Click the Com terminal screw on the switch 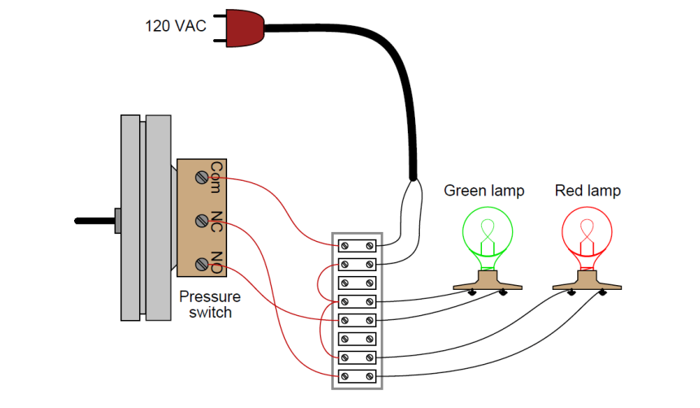(x=201, y=177)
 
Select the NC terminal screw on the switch (x=201, y=221)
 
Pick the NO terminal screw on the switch (x=201, y=264)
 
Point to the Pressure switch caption (x=210, y=304)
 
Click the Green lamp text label (x=483, y=191)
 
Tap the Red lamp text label (x=588, y=191)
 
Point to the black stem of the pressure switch (x=94, y=220)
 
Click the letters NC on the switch (x=217, y=221)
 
